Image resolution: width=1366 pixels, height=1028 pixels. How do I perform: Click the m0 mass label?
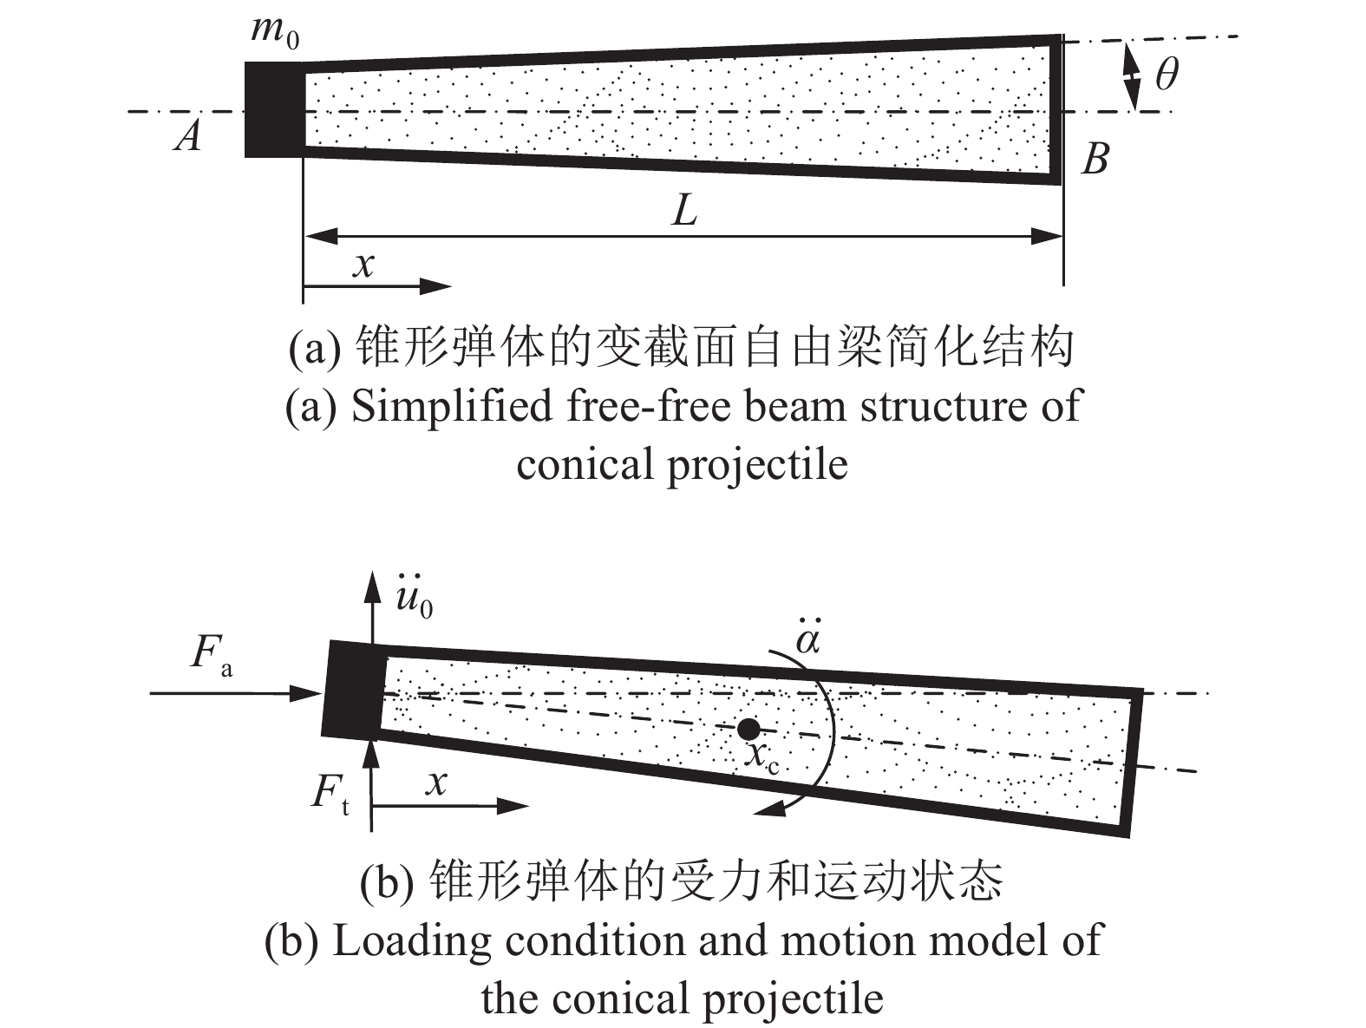click(274, 32)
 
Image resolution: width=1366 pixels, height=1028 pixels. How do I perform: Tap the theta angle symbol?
click(1167, 74)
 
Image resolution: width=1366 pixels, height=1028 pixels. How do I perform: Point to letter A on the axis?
click(188, 135)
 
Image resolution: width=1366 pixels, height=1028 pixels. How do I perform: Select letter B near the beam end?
click(1096, 159)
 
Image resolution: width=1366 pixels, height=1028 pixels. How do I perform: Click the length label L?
click(684, 210)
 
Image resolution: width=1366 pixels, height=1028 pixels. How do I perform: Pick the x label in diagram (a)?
click(363, 265)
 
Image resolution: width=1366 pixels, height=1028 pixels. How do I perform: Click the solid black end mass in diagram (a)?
click(274, 109)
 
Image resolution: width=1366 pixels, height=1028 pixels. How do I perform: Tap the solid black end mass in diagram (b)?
click(353, 690)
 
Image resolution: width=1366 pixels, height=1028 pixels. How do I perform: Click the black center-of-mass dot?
click(748, 730)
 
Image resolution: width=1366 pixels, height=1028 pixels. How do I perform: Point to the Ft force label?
click(330, 795)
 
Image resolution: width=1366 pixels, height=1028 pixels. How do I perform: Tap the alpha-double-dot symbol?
click(808, 636)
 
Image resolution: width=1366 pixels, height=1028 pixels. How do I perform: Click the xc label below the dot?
click(763, 756)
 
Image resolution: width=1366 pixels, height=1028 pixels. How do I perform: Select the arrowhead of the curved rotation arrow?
click(769, 808)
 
